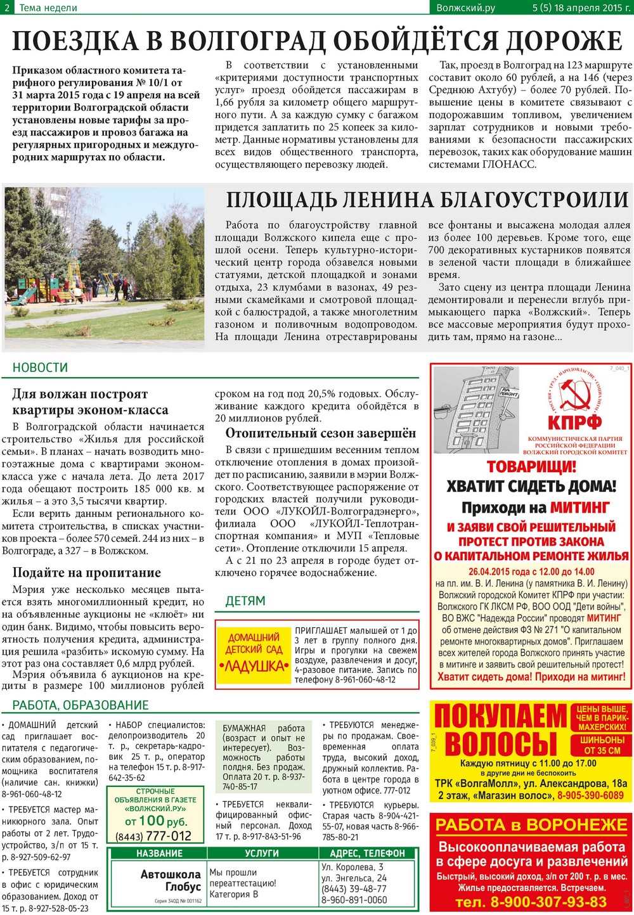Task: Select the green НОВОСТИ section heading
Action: point(40,368)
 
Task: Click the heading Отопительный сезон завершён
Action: point(321,433)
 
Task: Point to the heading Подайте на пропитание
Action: point(86,573)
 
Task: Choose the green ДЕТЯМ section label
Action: point(245,601)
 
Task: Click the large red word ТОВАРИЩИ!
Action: point(531,467)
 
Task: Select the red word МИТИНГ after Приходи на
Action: point(580,508)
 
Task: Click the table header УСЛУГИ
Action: point(261,854)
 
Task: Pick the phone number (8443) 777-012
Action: point(153,836)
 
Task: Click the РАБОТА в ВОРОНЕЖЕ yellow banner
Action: point(531,824)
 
